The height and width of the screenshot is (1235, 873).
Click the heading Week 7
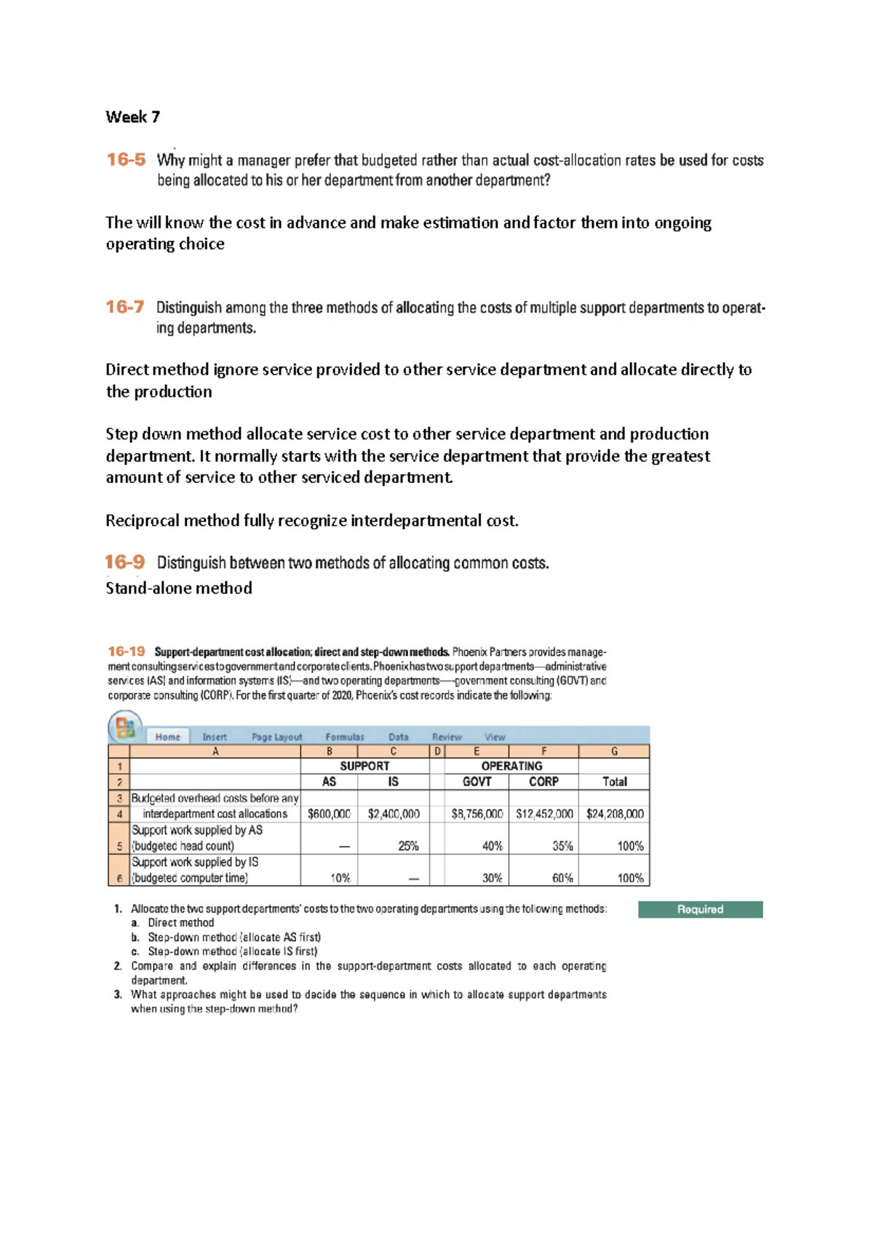132,117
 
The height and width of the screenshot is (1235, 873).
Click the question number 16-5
126,159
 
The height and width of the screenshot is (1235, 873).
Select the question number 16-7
125,307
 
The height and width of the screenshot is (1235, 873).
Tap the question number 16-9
124,562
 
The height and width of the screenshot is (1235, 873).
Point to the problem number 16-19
127,652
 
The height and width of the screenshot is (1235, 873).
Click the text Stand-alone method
179,588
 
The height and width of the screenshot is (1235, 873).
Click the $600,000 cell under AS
329,814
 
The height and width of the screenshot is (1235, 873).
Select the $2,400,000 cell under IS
394,814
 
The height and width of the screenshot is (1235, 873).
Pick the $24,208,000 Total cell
615,814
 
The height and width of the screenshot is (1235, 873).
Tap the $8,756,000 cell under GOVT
477,814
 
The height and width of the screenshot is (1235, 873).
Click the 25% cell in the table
408,846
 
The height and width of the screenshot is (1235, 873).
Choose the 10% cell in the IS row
340,878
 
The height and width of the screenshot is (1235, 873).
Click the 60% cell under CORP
562,878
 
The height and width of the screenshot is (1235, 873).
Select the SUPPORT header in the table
364,766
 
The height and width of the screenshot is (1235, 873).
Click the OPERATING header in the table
511,766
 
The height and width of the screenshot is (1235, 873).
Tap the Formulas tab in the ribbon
345,737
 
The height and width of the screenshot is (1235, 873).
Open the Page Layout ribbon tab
276,737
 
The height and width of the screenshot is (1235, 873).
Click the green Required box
700,909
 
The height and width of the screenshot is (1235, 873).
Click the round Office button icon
125,727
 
